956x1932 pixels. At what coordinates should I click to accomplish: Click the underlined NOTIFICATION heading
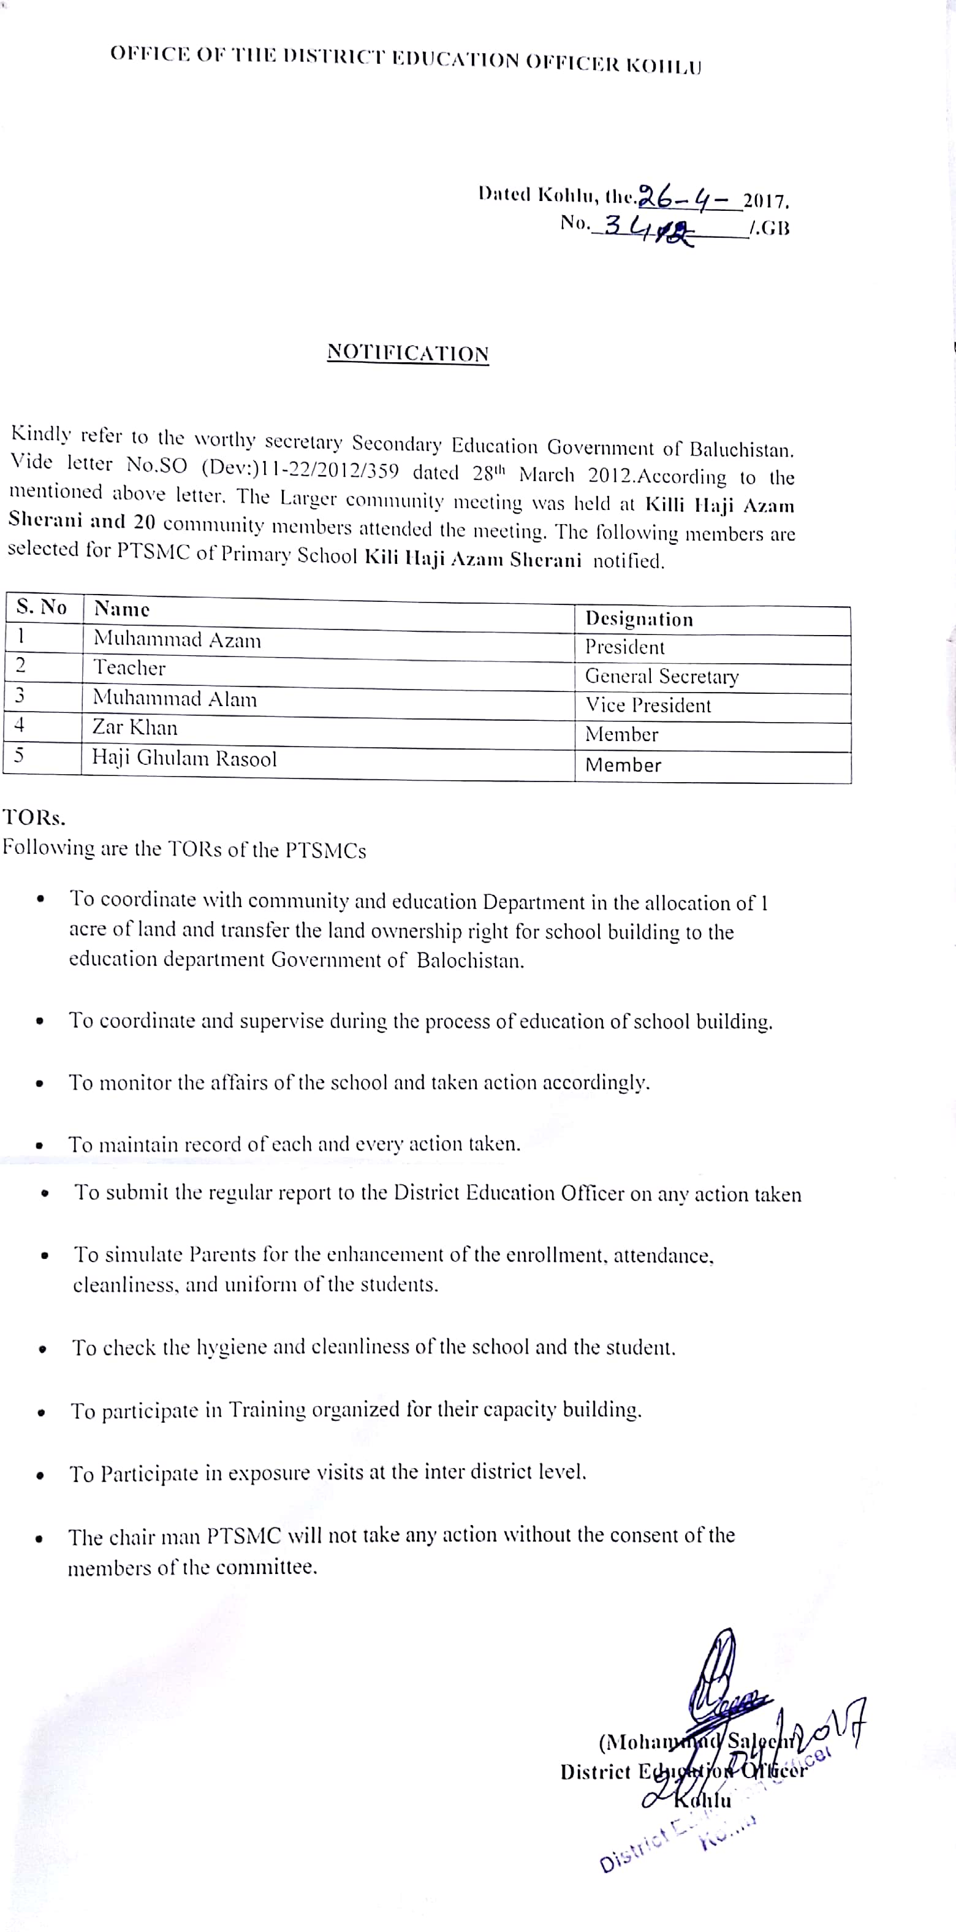pyautogui.click(x=408, y=352)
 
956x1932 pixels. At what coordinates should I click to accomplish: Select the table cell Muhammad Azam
pyautogui.click(x=178, y=640)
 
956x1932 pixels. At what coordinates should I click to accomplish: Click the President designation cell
pyautogui.click(x=624, y=647)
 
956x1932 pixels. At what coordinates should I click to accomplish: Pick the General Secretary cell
pyautogui.click(x=661, y=677)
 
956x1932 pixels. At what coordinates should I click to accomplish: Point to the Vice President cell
pyautogui.click(x=648, y=705)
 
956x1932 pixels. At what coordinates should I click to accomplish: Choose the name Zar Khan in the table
pyautogui.click(x=135, y=728)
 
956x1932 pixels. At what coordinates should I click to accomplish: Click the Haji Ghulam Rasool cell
pyautogui.click(x=184, y=758)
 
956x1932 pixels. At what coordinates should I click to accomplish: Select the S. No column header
pyautogui.click(x=42, y=607)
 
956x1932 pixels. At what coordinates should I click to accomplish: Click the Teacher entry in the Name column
pyautogui.click(x=129, y=667)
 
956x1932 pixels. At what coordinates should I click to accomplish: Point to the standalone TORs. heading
pyautogui.click(x=34, y=817)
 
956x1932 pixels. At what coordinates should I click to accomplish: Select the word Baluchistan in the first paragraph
pyautogui.click(x=741, y=450)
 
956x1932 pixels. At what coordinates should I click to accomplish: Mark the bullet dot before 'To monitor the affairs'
pyautogui.click(x=40, y=1084)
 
